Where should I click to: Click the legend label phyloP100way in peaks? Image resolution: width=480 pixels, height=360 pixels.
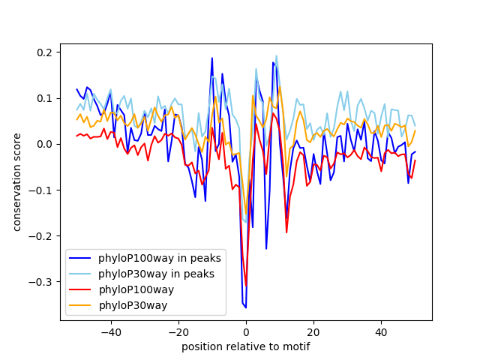160,258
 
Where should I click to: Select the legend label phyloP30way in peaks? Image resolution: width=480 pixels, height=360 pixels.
156,274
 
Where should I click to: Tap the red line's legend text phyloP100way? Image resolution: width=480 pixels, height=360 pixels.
136,289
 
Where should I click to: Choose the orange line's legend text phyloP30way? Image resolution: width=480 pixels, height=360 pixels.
133,305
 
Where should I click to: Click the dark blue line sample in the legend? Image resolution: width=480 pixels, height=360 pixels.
80,258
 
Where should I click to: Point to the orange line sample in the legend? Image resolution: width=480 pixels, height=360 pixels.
80,305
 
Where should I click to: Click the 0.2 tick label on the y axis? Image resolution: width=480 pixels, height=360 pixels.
44,52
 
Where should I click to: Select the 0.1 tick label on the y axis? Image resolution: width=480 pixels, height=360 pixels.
44,98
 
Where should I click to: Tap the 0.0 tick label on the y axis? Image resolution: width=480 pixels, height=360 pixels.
44,144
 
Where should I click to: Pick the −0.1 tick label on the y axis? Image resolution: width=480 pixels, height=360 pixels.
40,190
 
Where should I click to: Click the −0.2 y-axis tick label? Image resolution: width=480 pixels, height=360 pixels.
40,236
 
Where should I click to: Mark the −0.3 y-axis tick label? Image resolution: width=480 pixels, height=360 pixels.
40,282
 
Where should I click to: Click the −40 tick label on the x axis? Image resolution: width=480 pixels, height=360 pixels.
111,332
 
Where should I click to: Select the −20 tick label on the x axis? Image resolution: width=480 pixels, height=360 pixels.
178,332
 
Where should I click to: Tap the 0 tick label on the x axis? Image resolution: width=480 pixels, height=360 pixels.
246,332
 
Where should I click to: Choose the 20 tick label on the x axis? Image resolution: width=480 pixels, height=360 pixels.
313,332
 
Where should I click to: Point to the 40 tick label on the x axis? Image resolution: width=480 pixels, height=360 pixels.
382,332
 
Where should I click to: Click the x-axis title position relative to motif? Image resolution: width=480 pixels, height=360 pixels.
246,346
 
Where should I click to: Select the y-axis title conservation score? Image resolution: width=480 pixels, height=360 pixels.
16,182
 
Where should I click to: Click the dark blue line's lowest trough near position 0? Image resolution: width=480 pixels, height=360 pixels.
246,307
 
